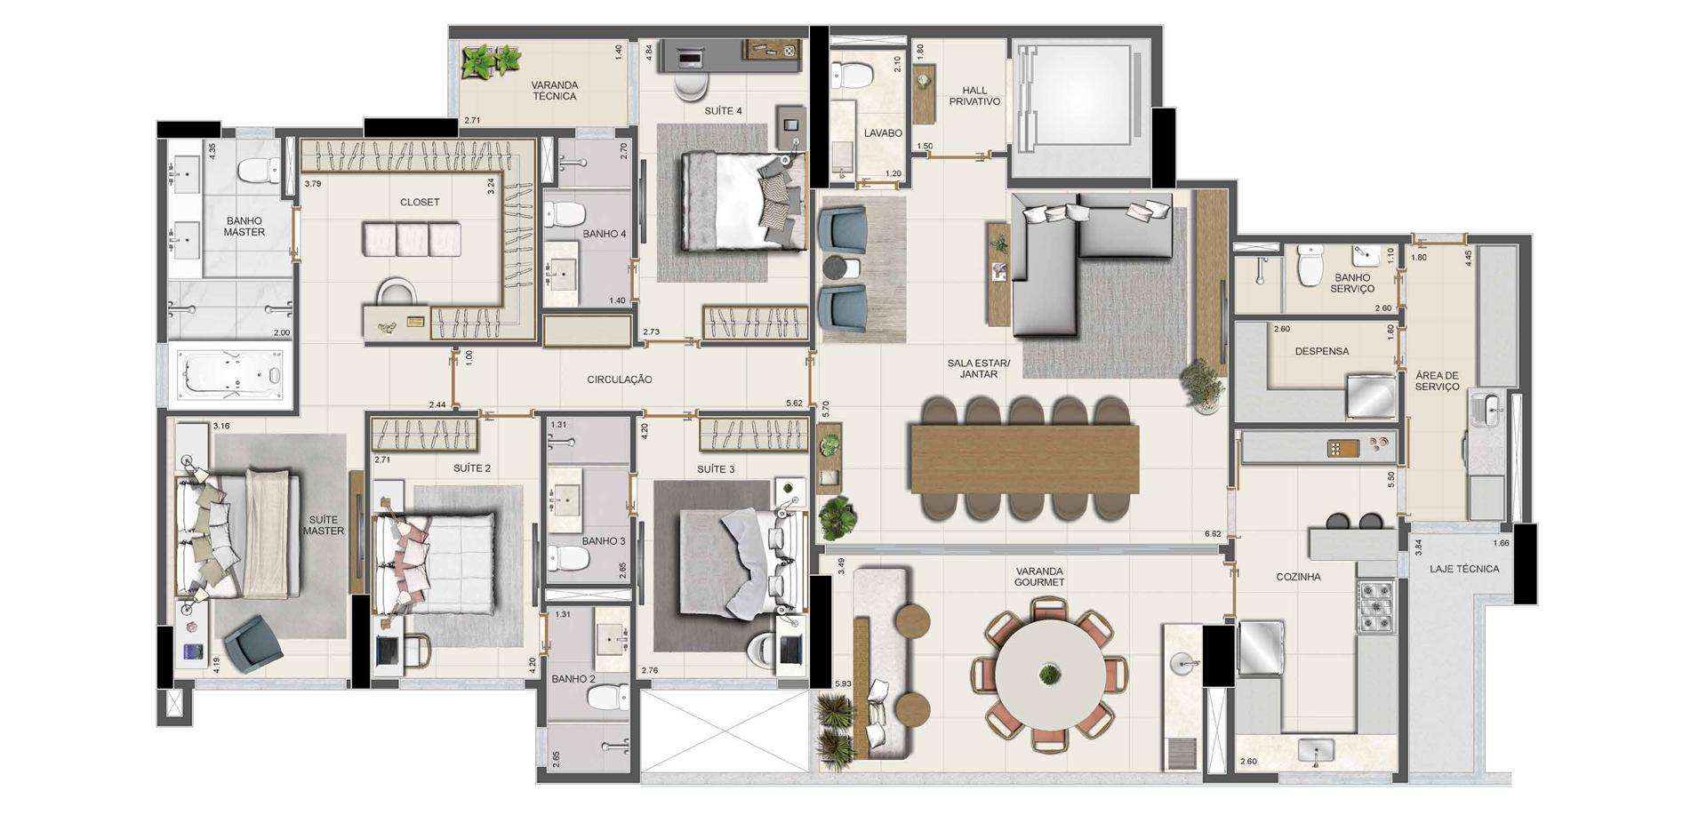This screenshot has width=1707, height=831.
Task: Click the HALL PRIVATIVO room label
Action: point(974,96)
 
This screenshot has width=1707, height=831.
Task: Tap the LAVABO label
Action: point(883,133)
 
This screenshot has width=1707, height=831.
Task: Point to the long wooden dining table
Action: point(1024,459)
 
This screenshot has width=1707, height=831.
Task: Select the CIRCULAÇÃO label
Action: point(620,380)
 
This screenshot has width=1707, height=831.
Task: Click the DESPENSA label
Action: point(1322,352)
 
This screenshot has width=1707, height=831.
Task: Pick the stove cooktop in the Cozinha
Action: point(1375,605)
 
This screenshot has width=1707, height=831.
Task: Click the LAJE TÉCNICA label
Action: point(1464,569)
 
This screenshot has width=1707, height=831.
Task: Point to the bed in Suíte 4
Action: point(743,202)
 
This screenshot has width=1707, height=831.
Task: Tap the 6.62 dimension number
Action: point(1213,534)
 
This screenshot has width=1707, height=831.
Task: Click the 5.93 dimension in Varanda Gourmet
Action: point(844,683)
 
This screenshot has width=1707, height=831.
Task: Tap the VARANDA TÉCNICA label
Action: point(555,91)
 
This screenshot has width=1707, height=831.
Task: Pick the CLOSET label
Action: point(420,203)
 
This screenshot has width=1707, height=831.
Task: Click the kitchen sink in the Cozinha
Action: point(1316,752)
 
